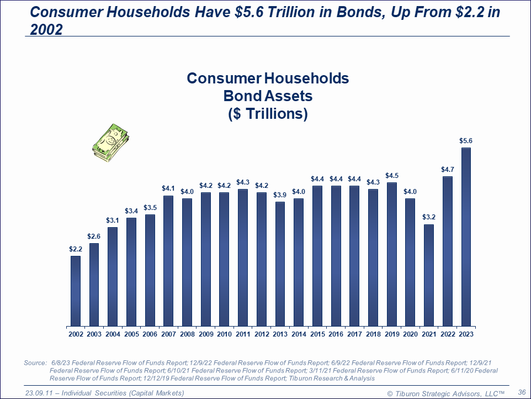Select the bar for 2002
(x=76, y=291)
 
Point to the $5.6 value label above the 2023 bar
(x=466, y=141)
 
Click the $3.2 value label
(x=429, y=217)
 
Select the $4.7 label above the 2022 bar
(x=448, y=169)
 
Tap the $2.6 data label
(x=94, y=237)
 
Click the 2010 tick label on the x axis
(x=225, y=334)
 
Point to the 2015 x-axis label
(x=317, y=334)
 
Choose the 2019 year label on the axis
(x=392, y=334)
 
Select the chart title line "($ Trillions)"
(x=268, y=114)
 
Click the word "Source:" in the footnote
(x=35, y=363)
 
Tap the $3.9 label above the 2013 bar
(x=280, y=195)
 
